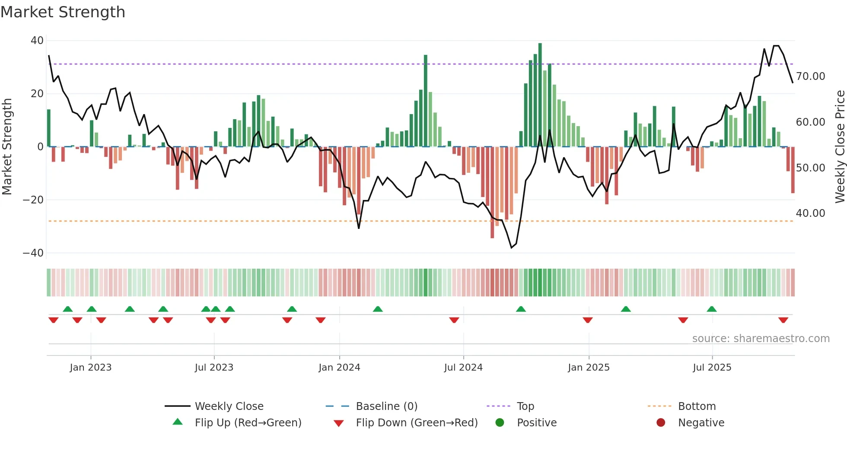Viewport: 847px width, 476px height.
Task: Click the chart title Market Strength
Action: coord(63,12)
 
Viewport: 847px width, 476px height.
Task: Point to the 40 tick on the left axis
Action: coord(37,41)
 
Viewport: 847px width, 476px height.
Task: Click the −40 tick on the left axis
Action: coord(33,253)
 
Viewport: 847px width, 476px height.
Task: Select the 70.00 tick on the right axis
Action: coord(810,76)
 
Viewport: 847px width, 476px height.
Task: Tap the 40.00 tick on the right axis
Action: coord(810,213)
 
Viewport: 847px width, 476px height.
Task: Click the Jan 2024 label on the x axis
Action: coord(339,368)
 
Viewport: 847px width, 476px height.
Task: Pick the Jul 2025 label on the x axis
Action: coord(712,368)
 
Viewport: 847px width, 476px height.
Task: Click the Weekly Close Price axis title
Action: coord(840,147)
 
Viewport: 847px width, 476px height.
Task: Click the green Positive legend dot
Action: coord(500,423)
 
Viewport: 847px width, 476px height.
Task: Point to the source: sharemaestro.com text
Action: coord(761,339)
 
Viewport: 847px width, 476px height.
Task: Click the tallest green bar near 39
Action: coord(540,95)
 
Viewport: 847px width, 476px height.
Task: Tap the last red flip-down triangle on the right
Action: coord(783,320)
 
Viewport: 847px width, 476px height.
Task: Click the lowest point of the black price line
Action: coord(511,248)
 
